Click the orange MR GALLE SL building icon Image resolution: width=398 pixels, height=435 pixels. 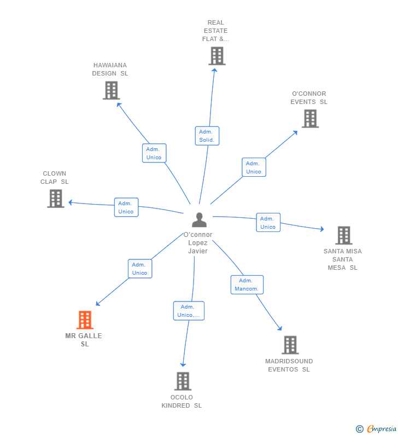[85, 320]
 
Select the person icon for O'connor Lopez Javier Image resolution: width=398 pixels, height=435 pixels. [200, 220]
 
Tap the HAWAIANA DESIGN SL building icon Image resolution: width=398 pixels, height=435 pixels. [111, 90]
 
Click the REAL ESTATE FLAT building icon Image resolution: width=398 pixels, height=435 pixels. [216, 56]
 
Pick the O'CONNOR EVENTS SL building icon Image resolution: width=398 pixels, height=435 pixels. [310, 118]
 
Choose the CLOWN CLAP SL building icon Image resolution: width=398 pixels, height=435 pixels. [56, 199]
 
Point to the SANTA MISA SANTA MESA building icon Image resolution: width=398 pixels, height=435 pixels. [343, 235]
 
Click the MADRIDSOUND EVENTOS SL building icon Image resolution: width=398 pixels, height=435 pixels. [290, 345]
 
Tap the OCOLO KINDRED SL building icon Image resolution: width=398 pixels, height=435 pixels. [183, 381]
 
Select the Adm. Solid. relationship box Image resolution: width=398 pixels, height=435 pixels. [207, 136]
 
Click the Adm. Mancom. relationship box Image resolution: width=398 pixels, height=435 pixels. [247, 285]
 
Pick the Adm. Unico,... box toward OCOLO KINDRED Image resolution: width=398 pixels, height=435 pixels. [189, 311]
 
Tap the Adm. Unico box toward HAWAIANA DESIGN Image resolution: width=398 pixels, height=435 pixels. [154, 153]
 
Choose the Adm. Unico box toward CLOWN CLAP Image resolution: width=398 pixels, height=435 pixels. [126, 207]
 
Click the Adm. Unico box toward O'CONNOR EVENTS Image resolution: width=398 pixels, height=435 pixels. [254, 167]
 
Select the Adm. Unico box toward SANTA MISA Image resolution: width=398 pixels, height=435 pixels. [268, 223]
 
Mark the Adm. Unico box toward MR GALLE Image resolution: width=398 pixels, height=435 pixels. [140, 269]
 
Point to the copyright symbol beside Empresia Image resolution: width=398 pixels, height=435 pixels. [360, 430]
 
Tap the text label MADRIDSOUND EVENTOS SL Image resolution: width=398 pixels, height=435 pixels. [289, 365]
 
